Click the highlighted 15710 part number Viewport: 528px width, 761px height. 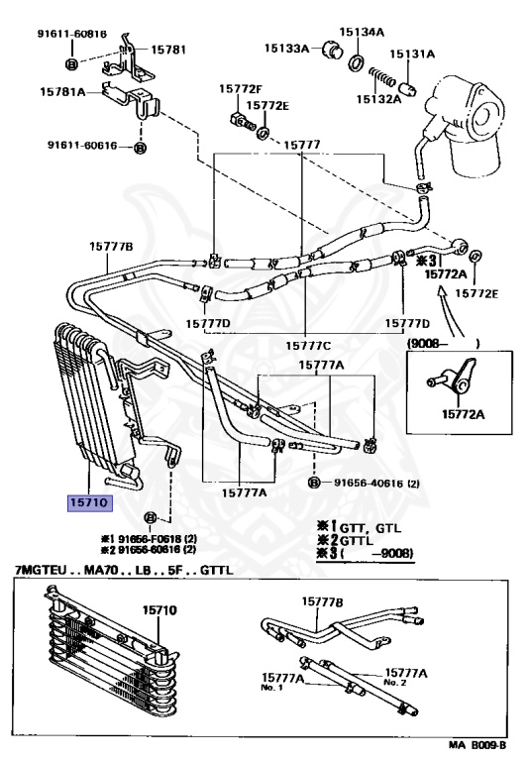pos(89,502)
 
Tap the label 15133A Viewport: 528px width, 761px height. pos(286,48)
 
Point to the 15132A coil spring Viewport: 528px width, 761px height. pos(383,76)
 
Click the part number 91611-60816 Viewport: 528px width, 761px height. pos(72,34)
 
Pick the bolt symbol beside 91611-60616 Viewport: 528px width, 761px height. pos(140,148)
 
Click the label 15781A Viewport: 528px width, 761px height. pos(62,91)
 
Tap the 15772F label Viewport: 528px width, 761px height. pos(240,88)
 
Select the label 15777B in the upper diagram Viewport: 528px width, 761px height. pos(111,247)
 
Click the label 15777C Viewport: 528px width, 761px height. pos(308,346)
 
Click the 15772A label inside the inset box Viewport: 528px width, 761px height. pos(463,414)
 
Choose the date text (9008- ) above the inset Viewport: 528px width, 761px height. pos(443,344)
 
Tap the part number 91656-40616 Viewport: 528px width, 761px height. pos(369,483)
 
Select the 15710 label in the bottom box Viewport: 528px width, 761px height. pos(159,610)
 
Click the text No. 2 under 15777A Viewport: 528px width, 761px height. pos(394,683)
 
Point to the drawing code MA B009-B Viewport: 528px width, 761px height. pos(476,745)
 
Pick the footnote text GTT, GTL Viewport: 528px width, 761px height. pos(370,528)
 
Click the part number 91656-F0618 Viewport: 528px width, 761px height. pos(150,539)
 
